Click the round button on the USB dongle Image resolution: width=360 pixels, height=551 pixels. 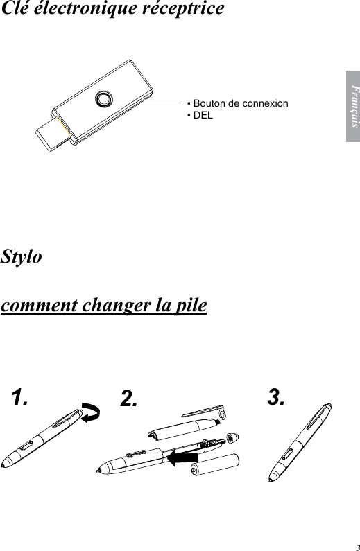[103, 99]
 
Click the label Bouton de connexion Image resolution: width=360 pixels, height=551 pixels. [240, 103]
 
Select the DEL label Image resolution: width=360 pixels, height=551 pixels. [203, 114]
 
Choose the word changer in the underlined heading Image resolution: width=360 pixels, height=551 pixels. [113, 306]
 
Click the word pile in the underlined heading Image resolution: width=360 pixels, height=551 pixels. [188, 306]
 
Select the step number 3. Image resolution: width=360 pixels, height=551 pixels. [276, 397]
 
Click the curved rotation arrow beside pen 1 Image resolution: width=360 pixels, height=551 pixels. [90, 414]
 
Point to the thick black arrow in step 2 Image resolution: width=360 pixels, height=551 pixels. [184, 457]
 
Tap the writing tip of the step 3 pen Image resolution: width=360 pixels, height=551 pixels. [271, 480]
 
